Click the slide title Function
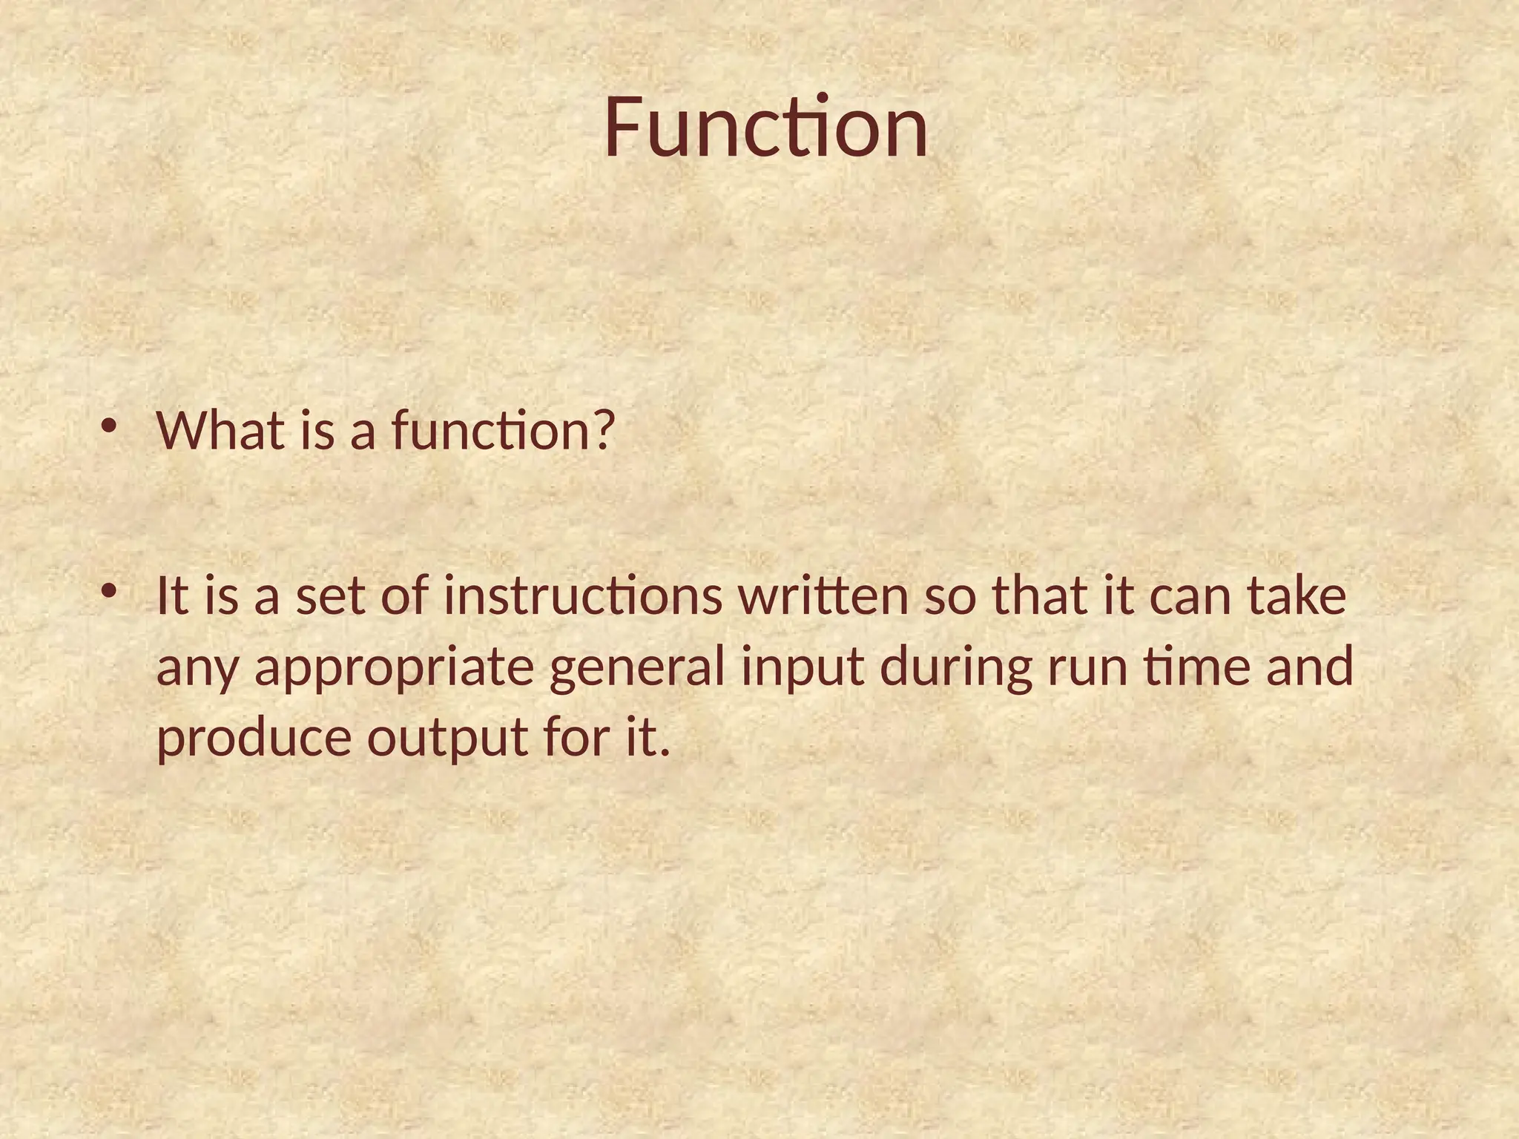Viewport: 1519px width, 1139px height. pos(765,128)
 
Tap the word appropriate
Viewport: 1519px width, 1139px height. pos(395,667)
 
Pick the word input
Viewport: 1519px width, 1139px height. pos(803,667)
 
